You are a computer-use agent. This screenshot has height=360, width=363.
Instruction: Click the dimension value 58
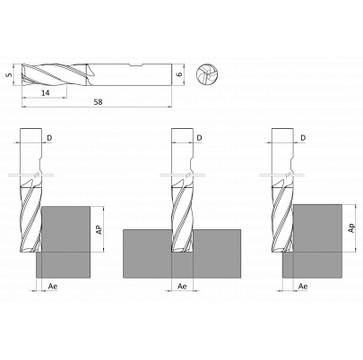click(98, 102)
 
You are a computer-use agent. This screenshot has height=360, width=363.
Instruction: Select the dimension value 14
click(45, 93)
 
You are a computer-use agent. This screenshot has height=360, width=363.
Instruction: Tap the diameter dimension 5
click(11, 74)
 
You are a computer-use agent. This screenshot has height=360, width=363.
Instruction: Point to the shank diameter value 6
click(179, 74)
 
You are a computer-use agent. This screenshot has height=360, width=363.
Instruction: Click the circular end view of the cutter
click(206, 74)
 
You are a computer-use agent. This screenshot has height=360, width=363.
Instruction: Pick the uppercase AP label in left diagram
click(99, 229)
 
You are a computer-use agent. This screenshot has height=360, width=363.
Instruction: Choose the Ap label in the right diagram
click(351, 228)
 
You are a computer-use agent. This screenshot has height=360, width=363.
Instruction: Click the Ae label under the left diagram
click(53, 287)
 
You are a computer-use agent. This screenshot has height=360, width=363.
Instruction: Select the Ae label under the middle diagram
click(182, 287)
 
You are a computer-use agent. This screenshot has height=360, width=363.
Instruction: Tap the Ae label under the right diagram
click(303, 287)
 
